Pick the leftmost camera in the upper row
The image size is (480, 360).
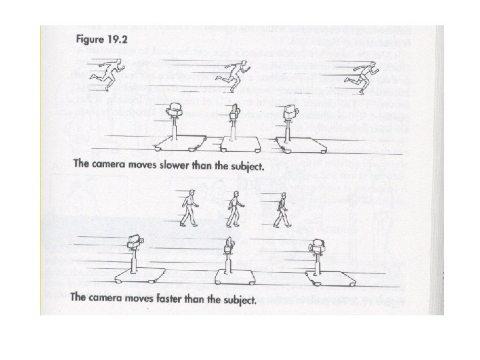point(175,112)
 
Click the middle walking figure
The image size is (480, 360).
point(233,208)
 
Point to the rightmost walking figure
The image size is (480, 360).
point(283,209)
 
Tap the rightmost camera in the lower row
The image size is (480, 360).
point(316,249)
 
